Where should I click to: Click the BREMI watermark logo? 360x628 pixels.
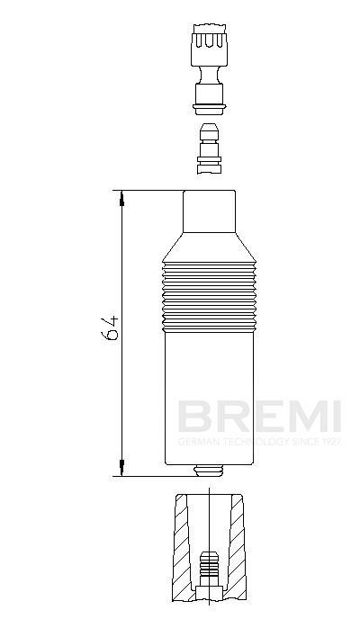click(x=259, y=417)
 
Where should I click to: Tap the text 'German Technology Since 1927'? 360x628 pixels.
click(x=259, y=442)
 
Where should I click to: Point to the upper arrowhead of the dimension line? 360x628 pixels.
click(x=122, y=198)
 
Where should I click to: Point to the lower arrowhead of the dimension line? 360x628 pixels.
click(x=122, y=468)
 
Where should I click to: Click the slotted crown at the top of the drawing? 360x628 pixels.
click(x=210, y=45)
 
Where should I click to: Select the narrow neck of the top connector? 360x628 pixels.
click(x=209, y=75)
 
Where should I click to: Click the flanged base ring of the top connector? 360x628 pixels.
click(x=209, y=108)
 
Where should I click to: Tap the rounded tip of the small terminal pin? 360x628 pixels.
click(x=210, y=131)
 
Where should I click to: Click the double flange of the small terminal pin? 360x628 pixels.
click(x=209, y=160)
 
